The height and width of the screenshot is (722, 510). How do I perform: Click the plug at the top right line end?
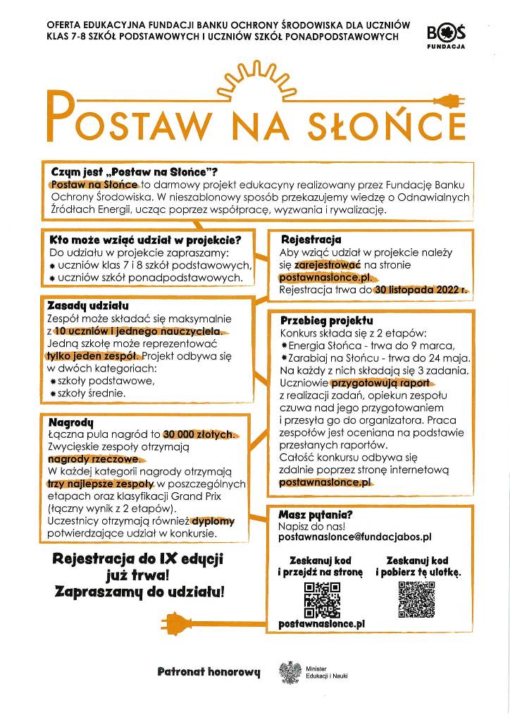pyautogui.click(x=450, y=99)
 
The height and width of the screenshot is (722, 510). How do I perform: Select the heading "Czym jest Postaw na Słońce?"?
pyautogui.click(x=134, y=172)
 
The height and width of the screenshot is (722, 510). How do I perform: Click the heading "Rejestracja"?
pyautogui.click(x=311, y=240)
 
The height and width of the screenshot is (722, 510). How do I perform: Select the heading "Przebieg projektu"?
pyautogui.click(x=326, y=320)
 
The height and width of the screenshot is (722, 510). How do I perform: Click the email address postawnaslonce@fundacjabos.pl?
pyautogui.click(x=355, y=537)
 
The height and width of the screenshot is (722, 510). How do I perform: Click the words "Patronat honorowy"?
pyautogui.click(x=209, y=672)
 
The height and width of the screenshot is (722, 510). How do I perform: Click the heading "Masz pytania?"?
pyautogui.click(x=316, y=515)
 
